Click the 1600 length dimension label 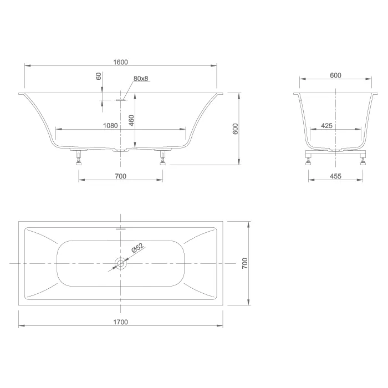[x=120, y=62]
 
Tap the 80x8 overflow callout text [x=141, y=78]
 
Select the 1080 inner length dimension [x=110, y=125]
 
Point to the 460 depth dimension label [x=131, y=120]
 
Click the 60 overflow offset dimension [x=99, y=76]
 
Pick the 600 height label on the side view [x=236, y=129]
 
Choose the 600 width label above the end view [x=335, y=75]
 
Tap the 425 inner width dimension [x=326, y=126]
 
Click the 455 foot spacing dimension [x=335, y=176]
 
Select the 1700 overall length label [x=120, y=322]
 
